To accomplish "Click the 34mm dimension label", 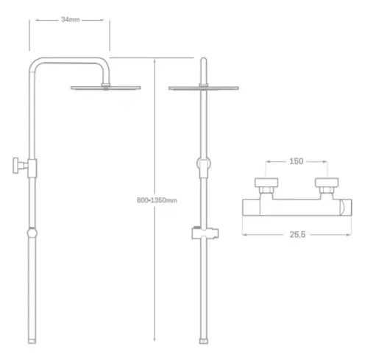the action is [x=71, y=19].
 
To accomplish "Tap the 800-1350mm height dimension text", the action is [x=157, y=200].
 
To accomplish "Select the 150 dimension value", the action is [x=297, y=161].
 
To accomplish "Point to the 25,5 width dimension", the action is [x=297, y=235].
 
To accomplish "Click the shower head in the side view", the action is [x=106, y=88].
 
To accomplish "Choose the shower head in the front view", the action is [x=204, y=88].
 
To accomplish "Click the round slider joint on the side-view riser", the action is [x=32, y=233].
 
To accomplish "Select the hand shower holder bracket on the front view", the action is [x=205, y=233].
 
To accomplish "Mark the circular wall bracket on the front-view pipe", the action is [x=204, y=163].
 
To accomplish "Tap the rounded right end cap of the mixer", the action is [x=346, y=208].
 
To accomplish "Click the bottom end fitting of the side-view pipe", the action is [x=32, y=341].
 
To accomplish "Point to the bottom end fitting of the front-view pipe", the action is [x=204, y=341].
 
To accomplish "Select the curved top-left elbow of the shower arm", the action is [x=35, y=63].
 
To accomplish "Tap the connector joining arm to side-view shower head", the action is [x=106, y=85].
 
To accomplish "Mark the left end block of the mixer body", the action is [x=251, y=208].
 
